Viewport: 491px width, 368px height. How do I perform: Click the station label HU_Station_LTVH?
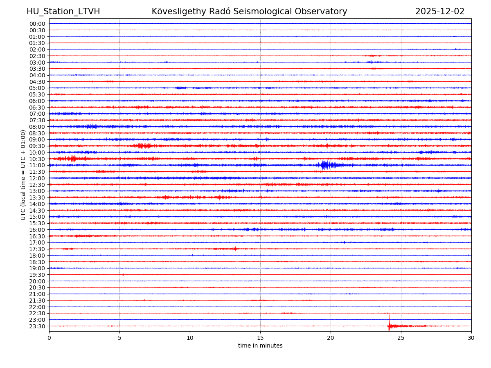pos(63,11)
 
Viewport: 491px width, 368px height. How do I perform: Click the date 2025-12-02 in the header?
pos(439,11)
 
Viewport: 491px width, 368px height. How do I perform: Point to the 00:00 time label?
pos(37,24)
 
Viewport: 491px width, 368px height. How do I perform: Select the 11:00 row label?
pos(37,166)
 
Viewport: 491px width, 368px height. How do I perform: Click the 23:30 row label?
pos(37,326)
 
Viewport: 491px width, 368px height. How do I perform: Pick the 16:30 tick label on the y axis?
pos(37,236)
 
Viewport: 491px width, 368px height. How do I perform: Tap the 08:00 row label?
pos(37,127)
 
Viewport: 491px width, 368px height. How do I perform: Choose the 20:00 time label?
pos(37,281)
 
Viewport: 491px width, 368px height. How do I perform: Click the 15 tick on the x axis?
pos(260,338)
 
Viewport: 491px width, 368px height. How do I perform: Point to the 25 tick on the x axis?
pos(401,338)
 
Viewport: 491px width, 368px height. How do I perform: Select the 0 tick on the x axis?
pos(49,338)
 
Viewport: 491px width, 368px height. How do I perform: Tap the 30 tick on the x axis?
pos(471,338)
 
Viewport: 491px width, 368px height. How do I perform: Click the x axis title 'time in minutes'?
pos(260,346)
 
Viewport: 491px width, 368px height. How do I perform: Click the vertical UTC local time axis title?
pos(23,175)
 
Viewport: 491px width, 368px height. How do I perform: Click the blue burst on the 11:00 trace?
pos(325,165)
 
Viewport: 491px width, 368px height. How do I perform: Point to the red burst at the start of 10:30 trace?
pos(73,159)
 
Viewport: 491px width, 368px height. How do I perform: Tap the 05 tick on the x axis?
pos(119,338)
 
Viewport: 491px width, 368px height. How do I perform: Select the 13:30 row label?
pos(37,197)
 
